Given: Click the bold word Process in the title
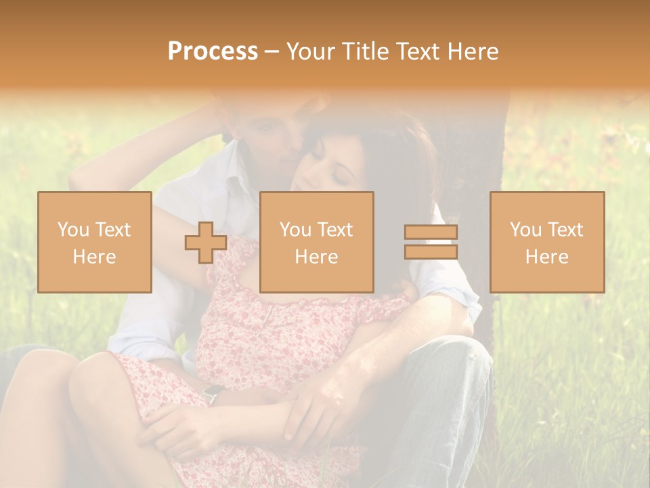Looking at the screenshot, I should pos(213,52).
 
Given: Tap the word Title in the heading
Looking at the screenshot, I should pos(365,52).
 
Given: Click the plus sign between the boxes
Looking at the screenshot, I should pos(206,242).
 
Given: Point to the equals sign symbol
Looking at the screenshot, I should pos(431,242).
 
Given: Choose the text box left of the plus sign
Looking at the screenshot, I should pos(95,242).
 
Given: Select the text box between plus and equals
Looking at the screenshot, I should pos(316,242).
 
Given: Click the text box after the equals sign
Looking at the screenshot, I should pos(547,242).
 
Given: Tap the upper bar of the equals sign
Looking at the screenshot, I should pos(431,232).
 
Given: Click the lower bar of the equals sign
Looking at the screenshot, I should pos(431,251).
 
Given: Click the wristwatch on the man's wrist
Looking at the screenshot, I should pos(213,393).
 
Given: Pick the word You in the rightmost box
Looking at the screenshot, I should pos(525,230).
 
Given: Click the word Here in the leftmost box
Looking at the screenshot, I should pos(95,257).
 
